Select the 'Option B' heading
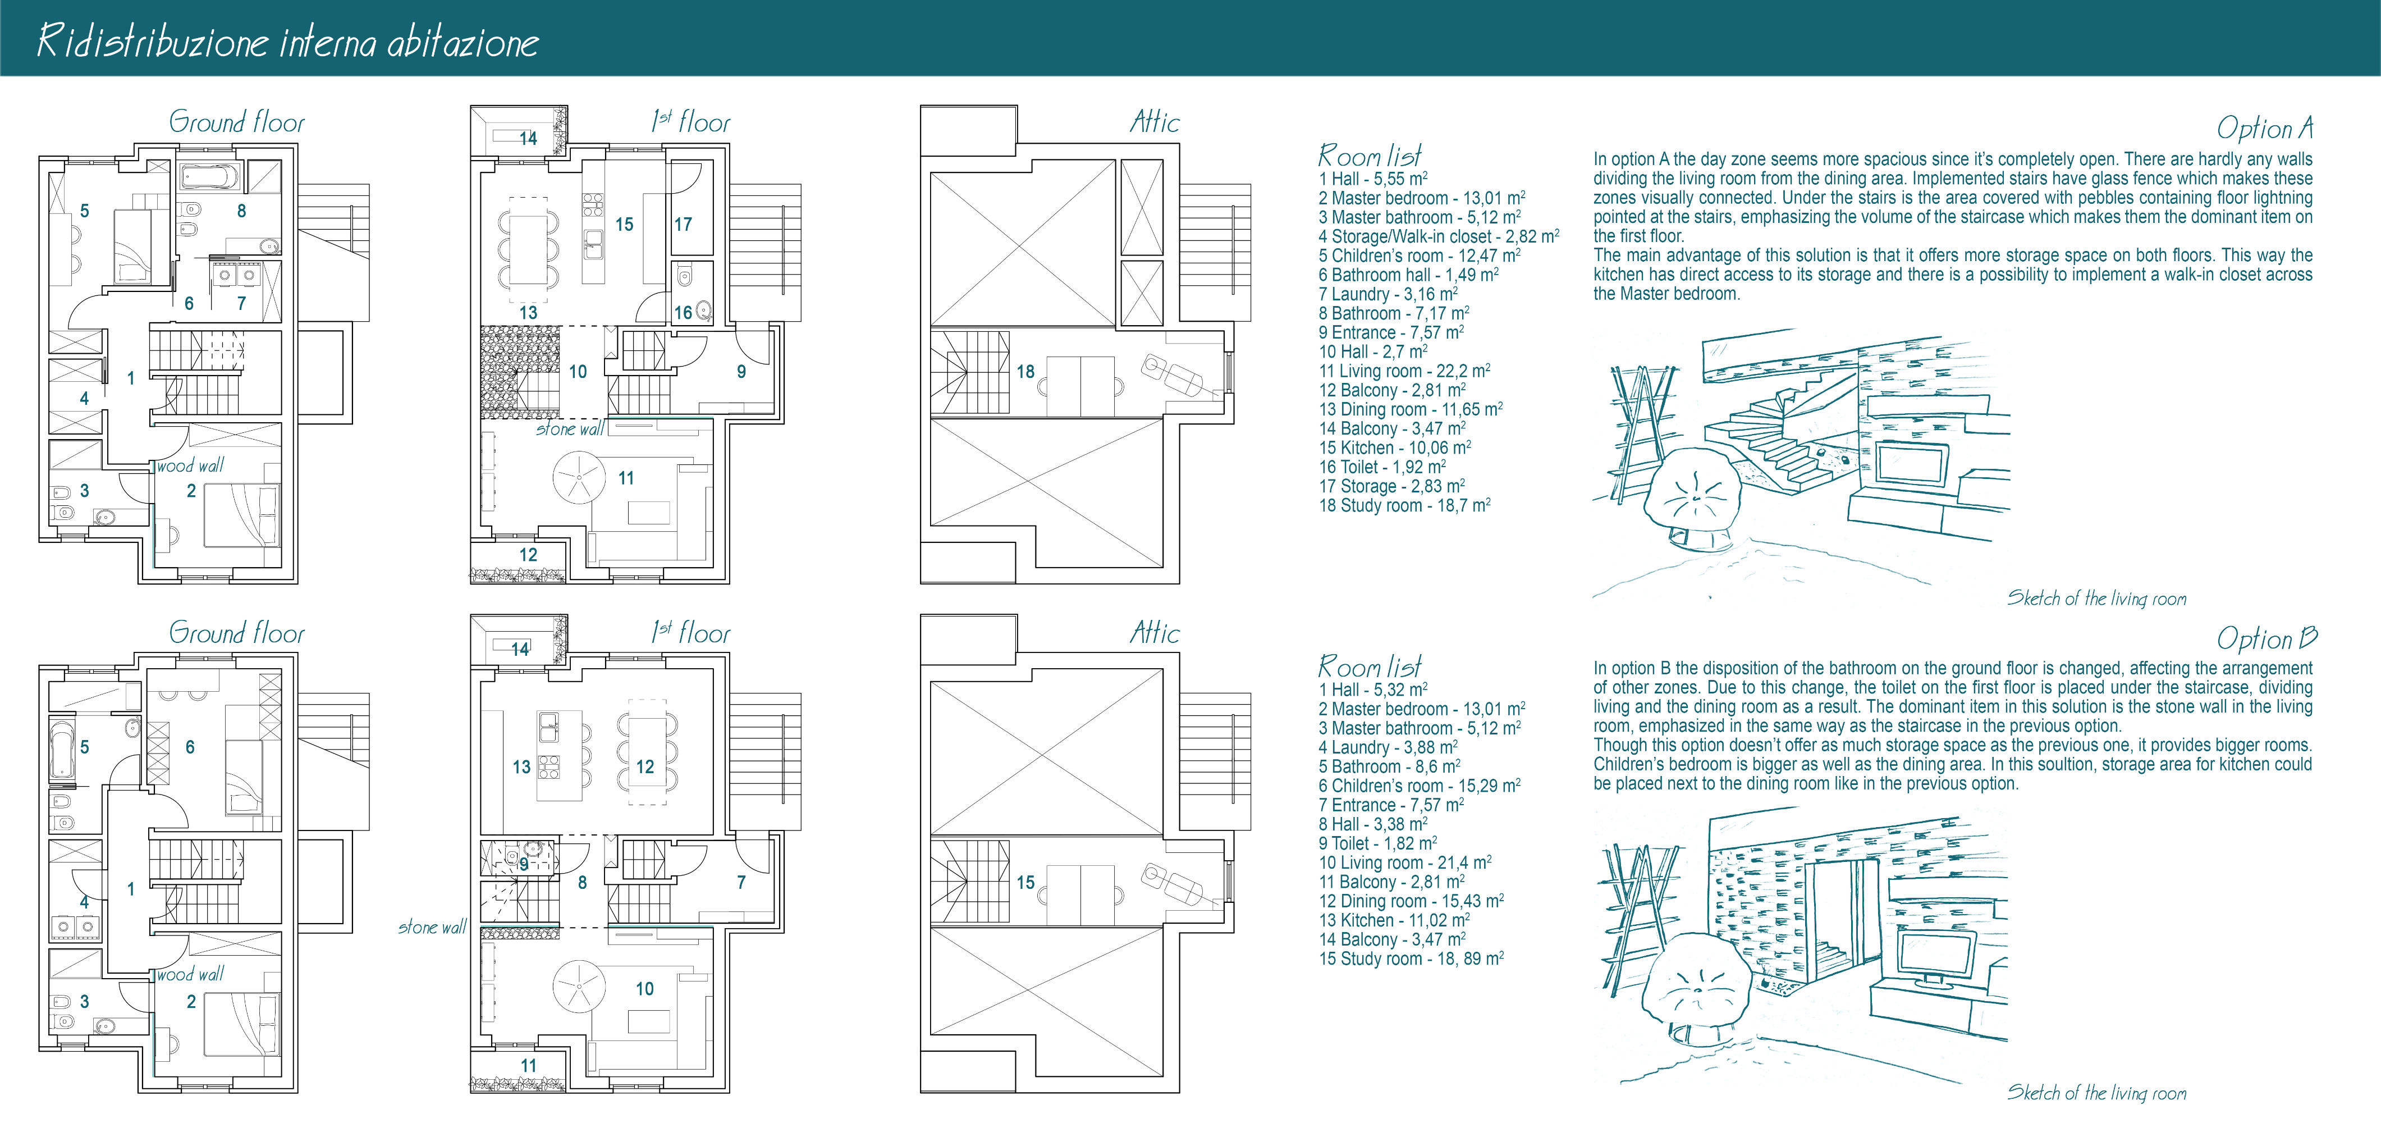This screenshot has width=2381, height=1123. (x=2266, y=638)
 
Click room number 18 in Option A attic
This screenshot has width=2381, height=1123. (x=1025, y=372)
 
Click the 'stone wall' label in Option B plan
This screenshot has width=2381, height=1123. (x=432, y=927)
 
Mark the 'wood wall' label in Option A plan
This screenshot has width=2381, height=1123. (x=190, y=466)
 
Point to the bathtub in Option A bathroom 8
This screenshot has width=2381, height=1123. (x=209, y=176)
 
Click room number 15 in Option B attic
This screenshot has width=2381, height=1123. (x=1025, y=883)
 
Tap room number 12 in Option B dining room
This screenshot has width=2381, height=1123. (x=645, y=767)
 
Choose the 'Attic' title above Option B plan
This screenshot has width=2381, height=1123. (x=1155, y=633)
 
